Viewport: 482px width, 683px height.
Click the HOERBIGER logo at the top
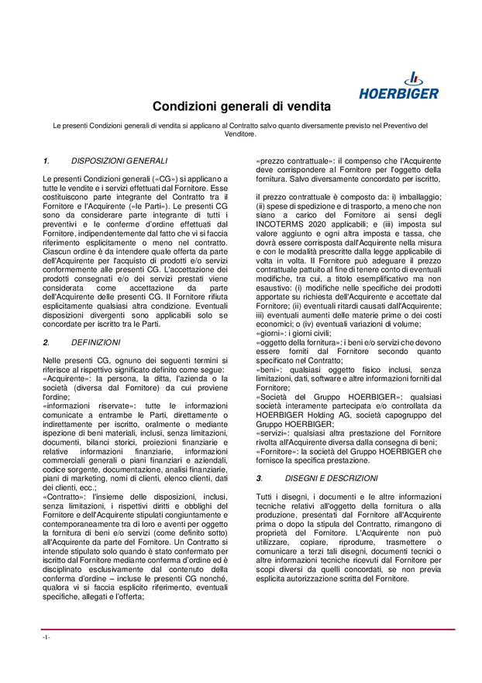coord(399,86)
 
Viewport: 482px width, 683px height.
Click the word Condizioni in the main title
coord(184,106)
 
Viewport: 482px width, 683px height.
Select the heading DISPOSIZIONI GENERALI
coord(119,161)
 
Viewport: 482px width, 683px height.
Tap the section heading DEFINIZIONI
coord(95,342)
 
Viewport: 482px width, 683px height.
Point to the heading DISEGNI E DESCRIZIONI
coord(332,478)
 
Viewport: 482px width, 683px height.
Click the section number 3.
coord(260,478)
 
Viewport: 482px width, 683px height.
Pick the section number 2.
coord(46,342)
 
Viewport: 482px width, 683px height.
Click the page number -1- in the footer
coord(46,637)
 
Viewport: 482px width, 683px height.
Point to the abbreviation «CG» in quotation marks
coord(161,180)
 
